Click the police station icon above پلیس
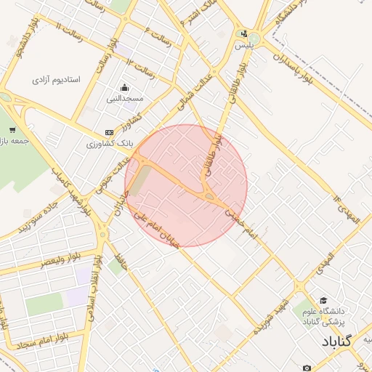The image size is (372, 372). point(244,33)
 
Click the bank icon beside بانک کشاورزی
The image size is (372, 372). point(109,132)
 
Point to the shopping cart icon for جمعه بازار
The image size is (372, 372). point(12,130)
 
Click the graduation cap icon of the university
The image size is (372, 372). point(323,300)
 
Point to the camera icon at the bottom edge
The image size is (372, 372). point(307,368)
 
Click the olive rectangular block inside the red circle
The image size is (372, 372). point(140,181)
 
